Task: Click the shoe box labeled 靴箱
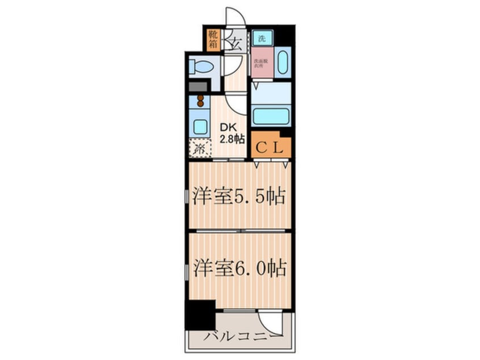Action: [213, 40]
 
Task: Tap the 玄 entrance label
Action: [235, 41]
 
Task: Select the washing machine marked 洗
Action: [262, 39]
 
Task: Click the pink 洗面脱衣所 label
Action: [262, 62]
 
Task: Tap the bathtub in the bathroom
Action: [270, 115]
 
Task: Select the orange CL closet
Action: [271, 148]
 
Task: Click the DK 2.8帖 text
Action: [231, 133]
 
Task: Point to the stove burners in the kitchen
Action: [200, 102]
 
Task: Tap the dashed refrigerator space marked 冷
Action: [200, 149]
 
